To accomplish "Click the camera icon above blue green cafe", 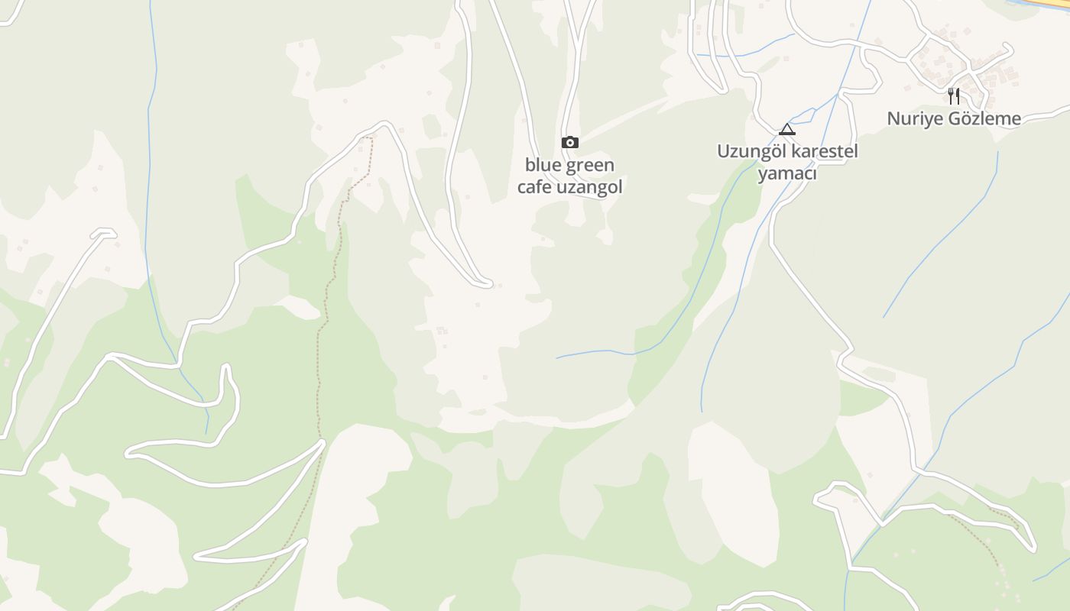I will coord(569,142).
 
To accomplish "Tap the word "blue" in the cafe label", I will coord(542,165).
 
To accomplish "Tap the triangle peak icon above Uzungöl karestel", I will coord(787,129).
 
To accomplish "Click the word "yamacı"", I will coord(787,174).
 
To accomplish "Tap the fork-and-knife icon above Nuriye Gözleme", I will coord(954,95).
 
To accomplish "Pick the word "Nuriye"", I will coord(912,118).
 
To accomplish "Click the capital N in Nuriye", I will coord(893,118).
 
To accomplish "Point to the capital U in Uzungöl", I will coord(723,151).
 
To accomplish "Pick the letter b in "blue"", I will coord(530,165).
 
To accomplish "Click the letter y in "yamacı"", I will coord(762,176).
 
